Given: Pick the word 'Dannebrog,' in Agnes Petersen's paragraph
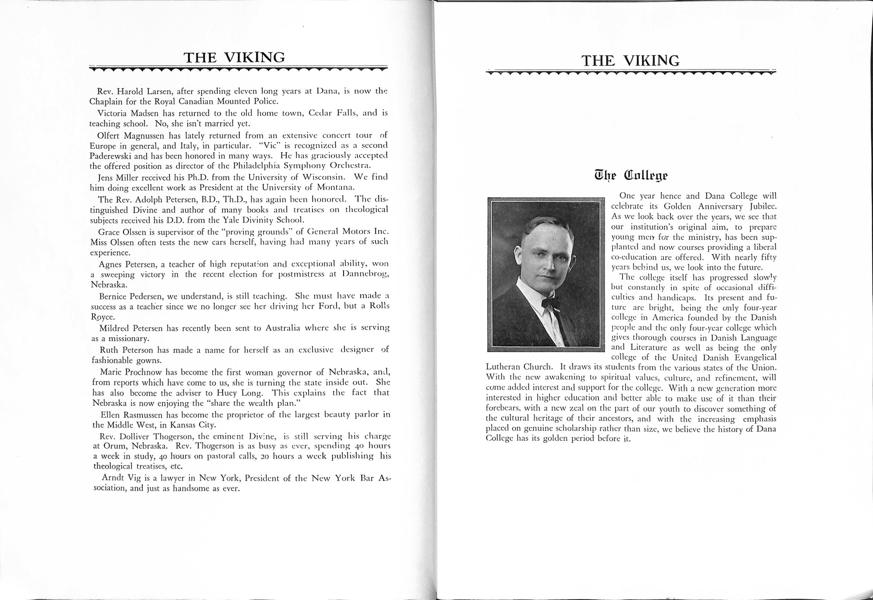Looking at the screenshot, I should tap(366, 274).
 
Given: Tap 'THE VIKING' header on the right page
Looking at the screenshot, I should tap(630, 61).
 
